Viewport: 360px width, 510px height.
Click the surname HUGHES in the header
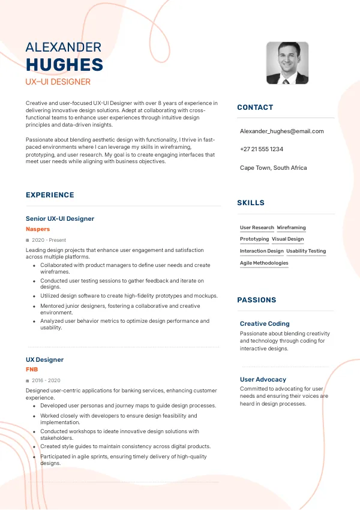64,65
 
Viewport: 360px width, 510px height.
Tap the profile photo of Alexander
287,62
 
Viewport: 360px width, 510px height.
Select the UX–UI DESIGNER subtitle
58,82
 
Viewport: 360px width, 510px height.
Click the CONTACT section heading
255,107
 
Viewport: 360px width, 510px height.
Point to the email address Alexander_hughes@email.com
281,131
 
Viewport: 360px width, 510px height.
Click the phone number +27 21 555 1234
261,149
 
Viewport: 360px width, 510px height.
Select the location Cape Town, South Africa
273,167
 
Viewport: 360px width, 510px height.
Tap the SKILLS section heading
251,203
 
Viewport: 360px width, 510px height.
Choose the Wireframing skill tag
291,228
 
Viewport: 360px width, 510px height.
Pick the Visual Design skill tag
287,239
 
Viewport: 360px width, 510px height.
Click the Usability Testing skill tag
306,251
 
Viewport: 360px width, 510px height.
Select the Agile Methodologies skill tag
264,263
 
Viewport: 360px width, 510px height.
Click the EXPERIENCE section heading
50,195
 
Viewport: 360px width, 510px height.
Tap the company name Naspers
38,229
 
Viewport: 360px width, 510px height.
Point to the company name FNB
32,370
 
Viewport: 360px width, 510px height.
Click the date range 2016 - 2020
46,380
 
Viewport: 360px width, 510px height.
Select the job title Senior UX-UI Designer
60,219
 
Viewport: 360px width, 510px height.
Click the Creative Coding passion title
265,323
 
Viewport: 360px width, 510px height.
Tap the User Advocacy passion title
263,379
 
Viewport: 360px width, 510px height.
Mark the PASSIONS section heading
257,300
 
